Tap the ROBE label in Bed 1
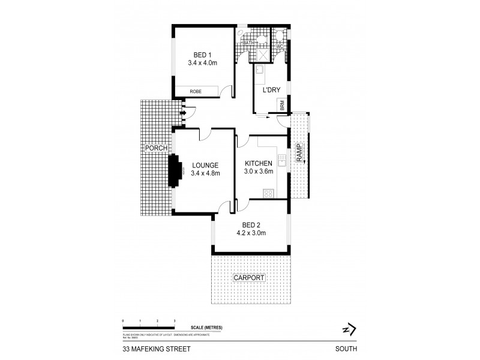[x=196, y=91]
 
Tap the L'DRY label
[x=272, y=91]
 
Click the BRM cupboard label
[x=281, y=106]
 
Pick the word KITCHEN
[x=259, y=164]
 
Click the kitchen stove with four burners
[x=268, y=193]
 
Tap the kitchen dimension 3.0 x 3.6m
[x=259, y=172]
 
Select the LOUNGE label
[x=205, y=166]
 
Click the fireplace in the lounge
[x=176, y=172]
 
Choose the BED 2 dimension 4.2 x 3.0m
[x=251, y=233]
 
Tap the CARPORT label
[x=248, y=278]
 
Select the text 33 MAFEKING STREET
[x=149, y=348]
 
